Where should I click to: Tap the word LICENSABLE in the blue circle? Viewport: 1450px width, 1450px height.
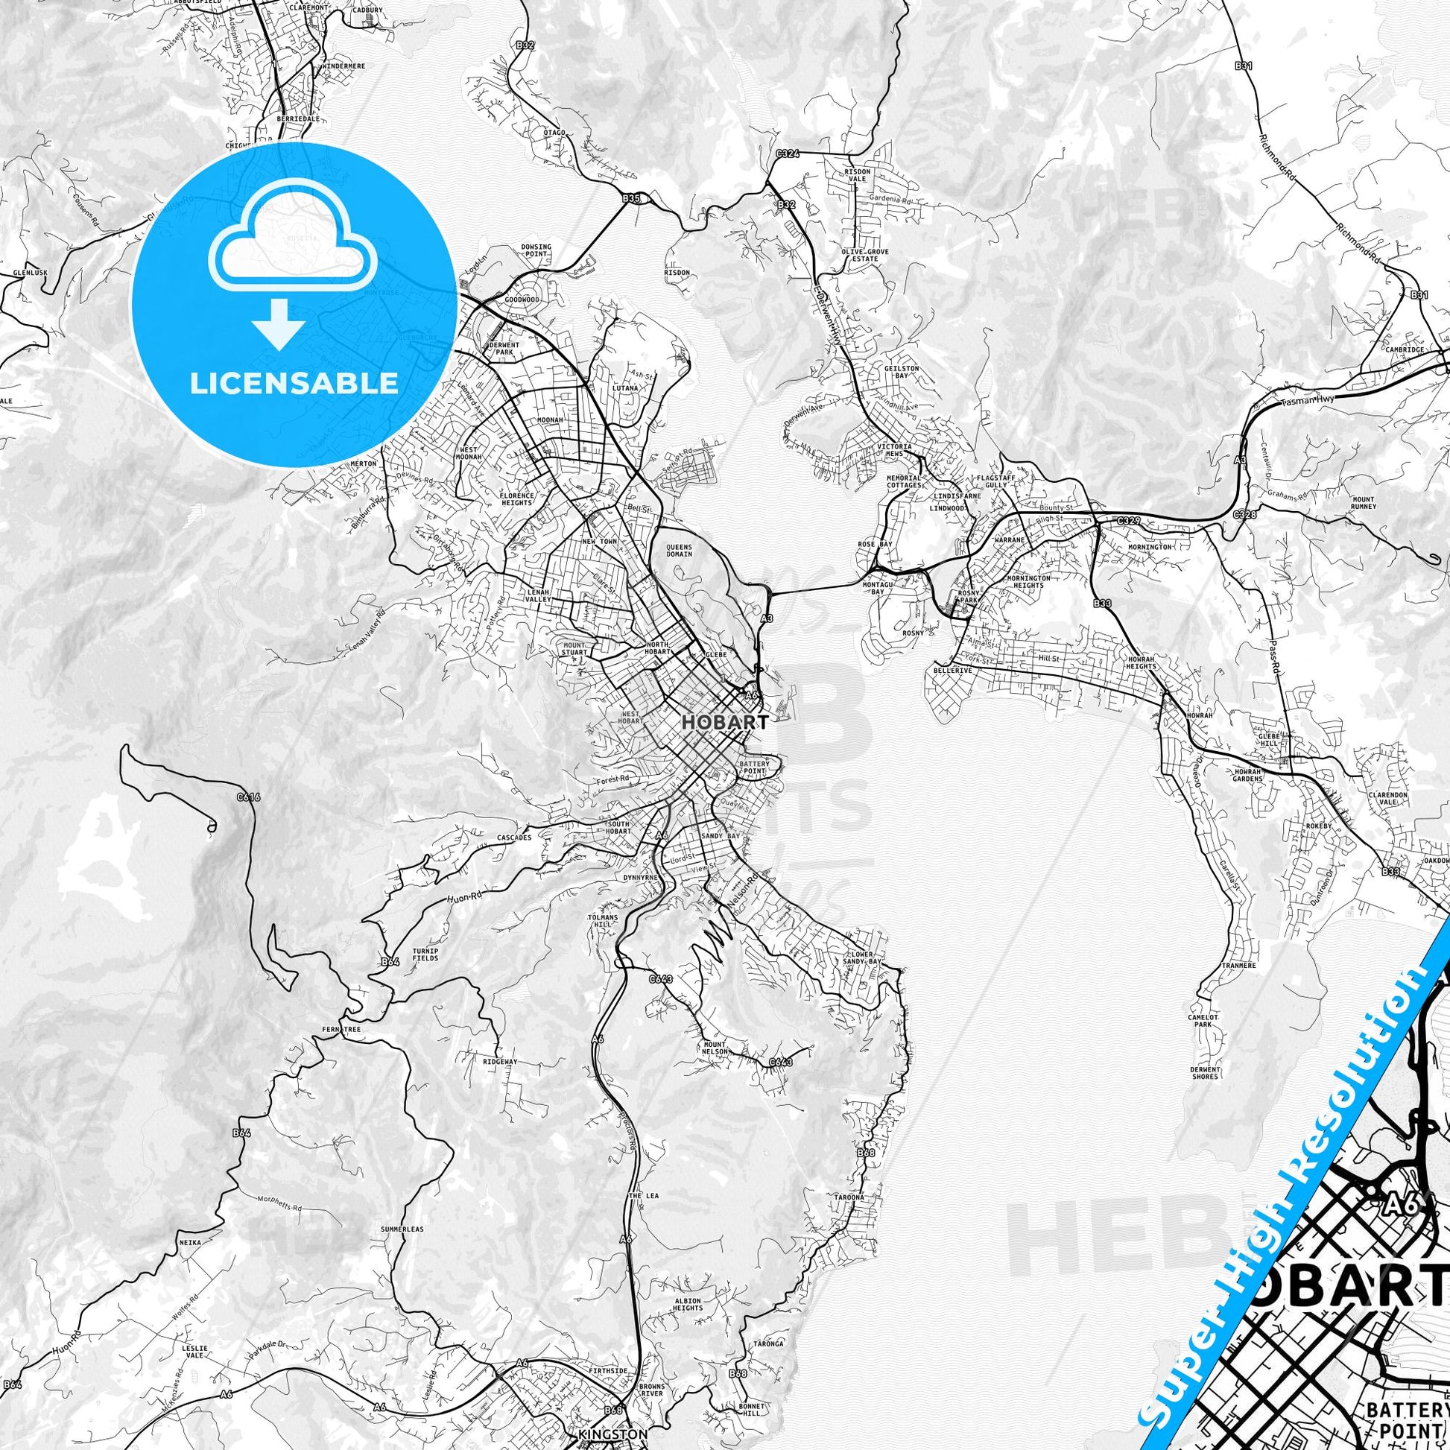coord(294,384)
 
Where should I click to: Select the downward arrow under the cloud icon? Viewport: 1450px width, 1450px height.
coord(279,323)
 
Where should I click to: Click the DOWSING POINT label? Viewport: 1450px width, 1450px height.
coord(536,250)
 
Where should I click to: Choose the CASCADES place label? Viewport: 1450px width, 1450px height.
coord(514,838)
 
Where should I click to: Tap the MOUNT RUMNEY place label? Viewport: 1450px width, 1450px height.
coord(1363,503)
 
